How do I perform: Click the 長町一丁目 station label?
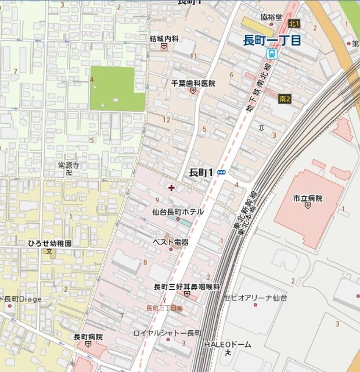[x=272, y=40]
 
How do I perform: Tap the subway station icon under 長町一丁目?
[x=271, y=53]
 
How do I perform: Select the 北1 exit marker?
[x=293, y=23]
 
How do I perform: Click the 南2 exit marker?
[x=284, y=99]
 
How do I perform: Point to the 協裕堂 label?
[x=271, y=17]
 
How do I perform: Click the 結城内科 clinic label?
[x=164, y=39]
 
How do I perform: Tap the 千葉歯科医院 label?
[x=193, y=83]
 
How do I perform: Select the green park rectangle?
[x=117, y=88]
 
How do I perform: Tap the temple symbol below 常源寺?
[x=69, y=173]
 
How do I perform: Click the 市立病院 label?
[x=308, y=198]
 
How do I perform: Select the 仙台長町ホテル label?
[x=178, y=212]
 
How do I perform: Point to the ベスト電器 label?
[x=170, y=242]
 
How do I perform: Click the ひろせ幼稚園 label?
[x=49, y=244]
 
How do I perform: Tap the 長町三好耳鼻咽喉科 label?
[x=186, y=287]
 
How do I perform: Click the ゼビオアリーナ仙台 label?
[x=255, y=298]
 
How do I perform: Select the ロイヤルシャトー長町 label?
[x=167, y=333]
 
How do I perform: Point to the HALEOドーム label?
[x=228, y=344]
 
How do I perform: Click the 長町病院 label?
[x=88, y=337]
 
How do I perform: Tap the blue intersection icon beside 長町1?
[x=221, y=173]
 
